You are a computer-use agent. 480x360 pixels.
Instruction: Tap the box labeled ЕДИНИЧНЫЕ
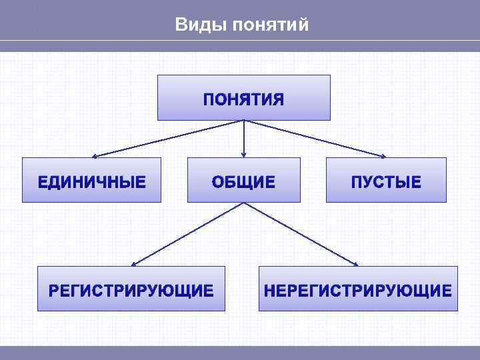[x=91, y=180]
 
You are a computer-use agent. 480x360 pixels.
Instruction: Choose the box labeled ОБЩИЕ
[x=243, y=180]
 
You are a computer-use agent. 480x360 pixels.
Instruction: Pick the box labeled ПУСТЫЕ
[x=386, y=180]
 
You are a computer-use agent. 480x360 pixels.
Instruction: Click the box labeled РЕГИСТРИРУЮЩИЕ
[x=131, y=289]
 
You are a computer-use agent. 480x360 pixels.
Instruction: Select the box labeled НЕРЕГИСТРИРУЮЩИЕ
[x=358, y=289]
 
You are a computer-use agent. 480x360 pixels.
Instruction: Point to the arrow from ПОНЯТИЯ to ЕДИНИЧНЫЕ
[x=167, y=139]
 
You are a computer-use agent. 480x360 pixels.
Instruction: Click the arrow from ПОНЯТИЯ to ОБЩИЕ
[x=244, y=139]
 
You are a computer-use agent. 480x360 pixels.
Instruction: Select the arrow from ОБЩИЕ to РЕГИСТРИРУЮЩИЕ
[x=187, y=234]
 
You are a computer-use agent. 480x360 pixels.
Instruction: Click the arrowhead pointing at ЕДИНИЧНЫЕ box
[x=95, y=157]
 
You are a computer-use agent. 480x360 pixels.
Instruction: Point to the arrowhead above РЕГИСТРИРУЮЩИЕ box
[x=133, y=265]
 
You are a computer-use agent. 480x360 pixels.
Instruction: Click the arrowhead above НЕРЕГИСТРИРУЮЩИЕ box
[x=355, y=265]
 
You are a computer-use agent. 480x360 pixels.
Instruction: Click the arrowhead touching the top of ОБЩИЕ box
[x=244, y=155]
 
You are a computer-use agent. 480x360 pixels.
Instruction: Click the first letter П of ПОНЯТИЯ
[x=209, y=100]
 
